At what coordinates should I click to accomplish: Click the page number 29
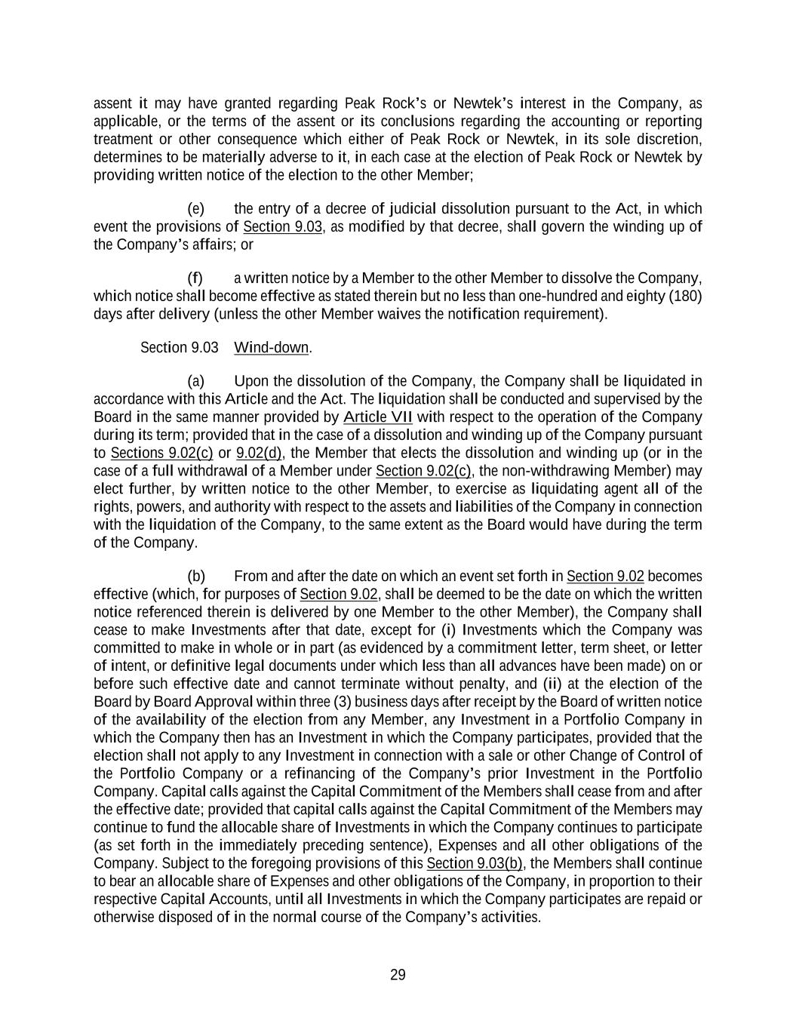coord(398,975)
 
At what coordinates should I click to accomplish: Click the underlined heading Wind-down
coord(272,347)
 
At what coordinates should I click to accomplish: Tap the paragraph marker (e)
coord(195,208)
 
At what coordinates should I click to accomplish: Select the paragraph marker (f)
coord(195,278)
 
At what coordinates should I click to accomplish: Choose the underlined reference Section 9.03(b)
coord(475,863)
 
